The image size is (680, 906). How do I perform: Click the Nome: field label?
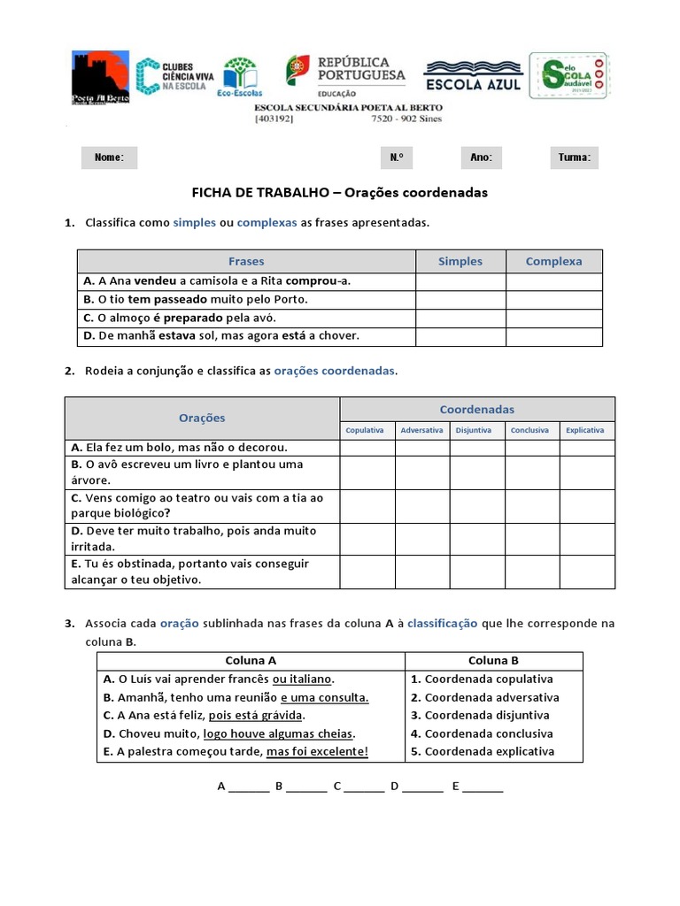click(109, 157)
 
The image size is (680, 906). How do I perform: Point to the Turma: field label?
click(574, 157)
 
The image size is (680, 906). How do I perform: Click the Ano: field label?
click(481, 157)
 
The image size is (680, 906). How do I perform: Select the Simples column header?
click(460, 261)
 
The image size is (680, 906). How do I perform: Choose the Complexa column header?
click(553, 261)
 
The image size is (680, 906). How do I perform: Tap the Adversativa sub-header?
click(421, 430)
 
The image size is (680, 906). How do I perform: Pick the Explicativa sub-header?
click(586, 430)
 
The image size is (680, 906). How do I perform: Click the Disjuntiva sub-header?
click(477, 430)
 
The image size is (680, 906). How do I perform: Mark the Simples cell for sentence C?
click(460, 318)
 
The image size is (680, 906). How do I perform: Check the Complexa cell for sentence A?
click(553, 280)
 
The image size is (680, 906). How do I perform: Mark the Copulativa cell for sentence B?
click(367, 472)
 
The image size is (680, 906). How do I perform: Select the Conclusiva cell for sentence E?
click(531, 572)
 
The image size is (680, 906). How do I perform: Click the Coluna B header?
click(493, 661)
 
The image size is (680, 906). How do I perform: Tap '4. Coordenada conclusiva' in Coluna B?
click(482, 733)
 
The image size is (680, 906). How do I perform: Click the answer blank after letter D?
click(423, 787)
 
